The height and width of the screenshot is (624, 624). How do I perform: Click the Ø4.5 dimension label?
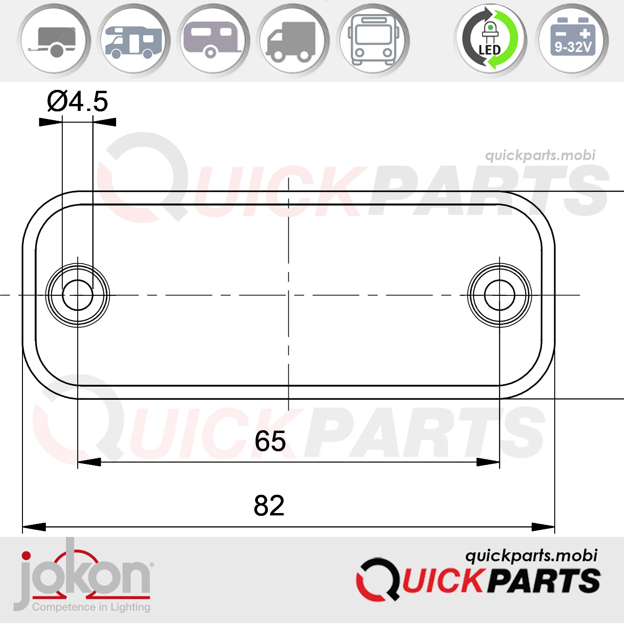tap(77, 101)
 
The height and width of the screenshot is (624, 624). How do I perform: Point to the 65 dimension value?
tap(270, 441)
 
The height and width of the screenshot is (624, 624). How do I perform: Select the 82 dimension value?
tap(269, 506)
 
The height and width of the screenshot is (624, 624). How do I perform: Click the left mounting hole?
tap(77, 295)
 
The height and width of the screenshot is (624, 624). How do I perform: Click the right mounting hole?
tap(499, 295)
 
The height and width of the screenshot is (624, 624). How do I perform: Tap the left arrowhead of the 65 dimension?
tap(89, 462)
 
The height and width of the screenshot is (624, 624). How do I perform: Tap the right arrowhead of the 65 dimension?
tap(488, 462)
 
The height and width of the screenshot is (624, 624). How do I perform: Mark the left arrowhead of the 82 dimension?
tap(34, 527)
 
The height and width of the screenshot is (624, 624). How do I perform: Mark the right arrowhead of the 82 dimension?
tap(543, 527)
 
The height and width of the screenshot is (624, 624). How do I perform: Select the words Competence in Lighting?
tap(91, 607)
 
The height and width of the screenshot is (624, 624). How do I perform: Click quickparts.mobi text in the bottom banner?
tap(531, 556)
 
